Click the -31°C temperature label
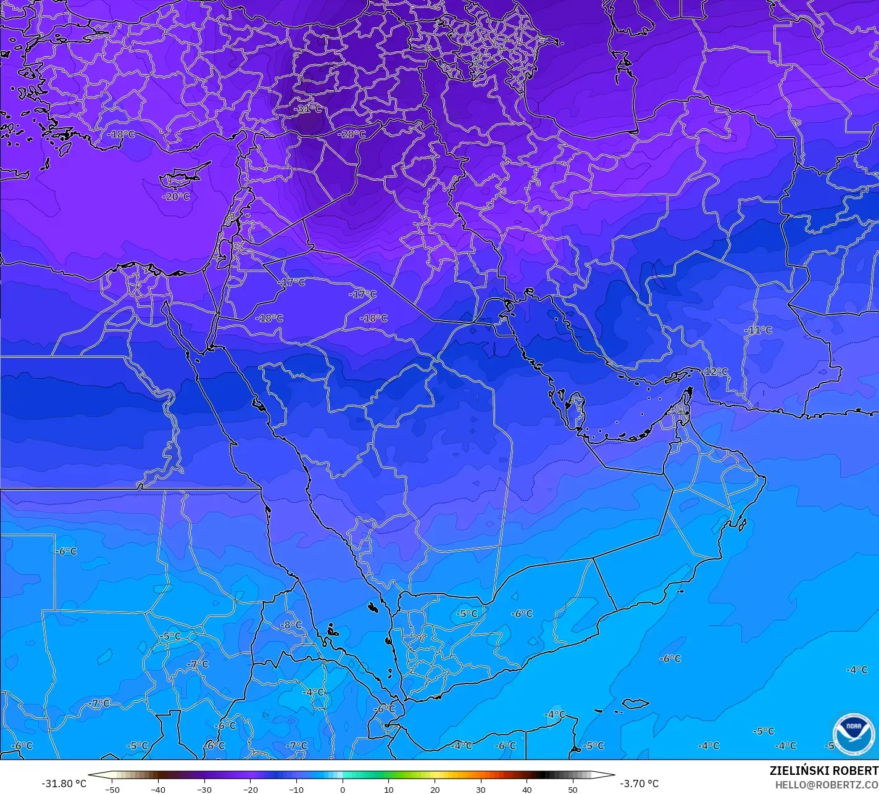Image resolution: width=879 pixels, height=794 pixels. click(x=308, y=109)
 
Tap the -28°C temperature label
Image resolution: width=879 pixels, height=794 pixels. click(x=352, y=134)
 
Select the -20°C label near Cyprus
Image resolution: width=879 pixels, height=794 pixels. click(x=176, y=197)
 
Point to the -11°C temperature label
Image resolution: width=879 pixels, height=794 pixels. click(x=758, y=330)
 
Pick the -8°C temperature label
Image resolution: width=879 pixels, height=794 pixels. click(x=291, y=625)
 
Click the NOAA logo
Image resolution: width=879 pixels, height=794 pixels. click(x=854, y=734)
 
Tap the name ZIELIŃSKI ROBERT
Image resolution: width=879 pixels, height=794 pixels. click(x=823, y=771)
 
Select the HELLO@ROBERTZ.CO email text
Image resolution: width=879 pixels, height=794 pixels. click(x=827, y=784)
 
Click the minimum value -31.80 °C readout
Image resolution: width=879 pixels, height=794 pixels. click(x=64, y=784)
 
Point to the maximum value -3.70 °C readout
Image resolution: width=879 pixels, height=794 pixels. click(x=639, y=784)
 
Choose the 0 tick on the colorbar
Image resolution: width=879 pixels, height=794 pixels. click(x=343, y=790)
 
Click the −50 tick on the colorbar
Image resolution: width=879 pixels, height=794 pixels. click(x=112, y=790)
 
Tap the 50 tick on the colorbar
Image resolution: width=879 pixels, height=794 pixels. click(x=573, y=790)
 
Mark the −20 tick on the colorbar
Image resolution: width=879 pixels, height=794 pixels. click(x=250, y=790)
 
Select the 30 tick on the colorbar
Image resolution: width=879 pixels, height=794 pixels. click(x=481, y=790)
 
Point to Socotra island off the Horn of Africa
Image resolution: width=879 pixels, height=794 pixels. click(x=635, y=703)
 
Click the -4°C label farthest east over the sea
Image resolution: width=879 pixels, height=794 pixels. click(x=857, y=670)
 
